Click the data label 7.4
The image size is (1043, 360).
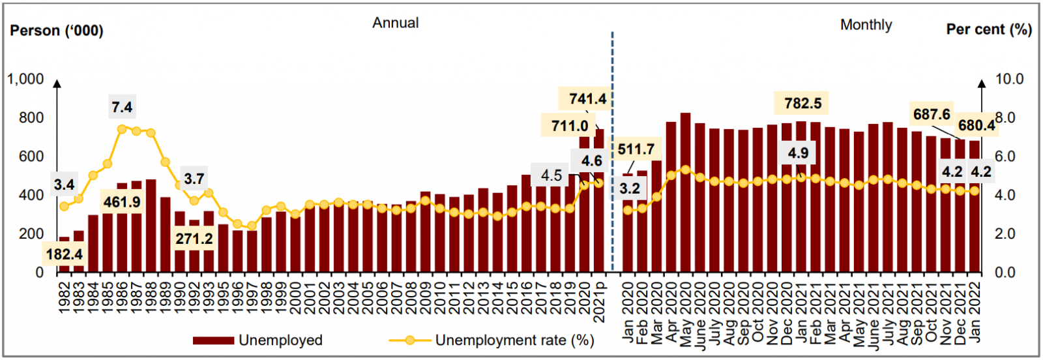[x=122, y=107]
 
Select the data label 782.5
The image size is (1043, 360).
[x=802, y=103]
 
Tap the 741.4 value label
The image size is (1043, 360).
[x=587, y=99]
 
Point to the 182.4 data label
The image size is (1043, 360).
[x=65, y=254]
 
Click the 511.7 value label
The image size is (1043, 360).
[x=636, y=149]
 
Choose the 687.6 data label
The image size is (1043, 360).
[x=932, y=115]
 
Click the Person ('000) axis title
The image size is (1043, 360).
[x=57, y=31]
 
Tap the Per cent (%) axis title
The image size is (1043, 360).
[x=988, y=29]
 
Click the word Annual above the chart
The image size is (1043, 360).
[x=396, y=23]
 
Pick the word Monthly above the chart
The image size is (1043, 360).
[x=866, y=25]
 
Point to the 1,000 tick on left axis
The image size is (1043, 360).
[x=25, y=79]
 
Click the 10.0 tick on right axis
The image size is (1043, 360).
[x=1009, y=79]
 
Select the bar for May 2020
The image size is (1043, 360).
[x=685, y=196]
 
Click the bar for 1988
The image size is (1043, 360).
[x=151, y=228]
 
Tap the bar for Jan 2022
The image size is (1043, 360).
[x=975, y=209]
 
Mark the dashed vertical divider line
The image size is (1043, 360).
[x=612, y=150]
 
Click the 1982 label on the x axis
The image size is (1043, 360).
[x=64, y=298]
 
